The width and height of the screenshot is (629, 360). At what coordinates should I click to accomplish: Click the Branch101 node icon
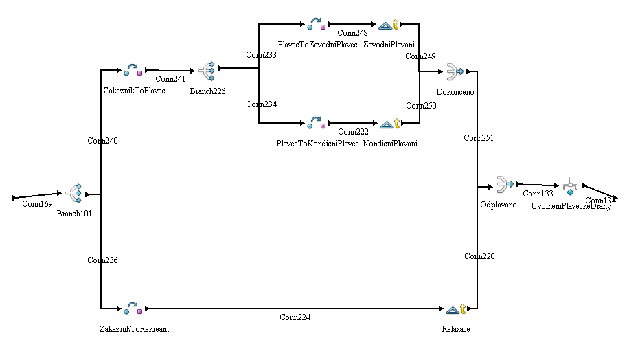point(73,195)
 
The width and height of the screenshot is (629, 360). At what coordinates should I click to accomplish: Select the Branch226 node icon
point(207,72)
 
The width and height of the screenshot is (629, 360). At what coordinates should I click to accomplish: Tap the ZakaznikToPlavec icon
point(132,70)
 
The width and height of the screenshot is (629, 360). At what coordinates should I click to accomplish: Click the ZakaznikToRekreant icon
point(132,309)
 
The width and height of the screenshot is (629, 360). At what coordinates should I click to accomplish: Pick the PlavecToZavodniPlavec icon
point(316,25)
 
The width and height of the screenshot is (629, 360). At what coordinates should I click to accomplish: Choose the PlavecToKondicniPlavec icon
point(316,124)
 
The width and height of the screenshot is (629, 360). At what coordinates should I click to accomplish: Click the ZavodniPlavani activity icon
point(389,25)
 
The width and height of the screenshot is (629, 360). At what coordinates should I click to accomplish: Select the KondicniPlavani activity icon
point(389,124)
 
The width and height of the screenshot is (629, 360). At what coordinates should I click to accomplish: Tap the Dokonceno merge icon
point(455,71)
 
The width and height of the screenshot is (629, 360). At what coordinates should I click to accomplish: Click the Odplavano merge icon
point(505,185)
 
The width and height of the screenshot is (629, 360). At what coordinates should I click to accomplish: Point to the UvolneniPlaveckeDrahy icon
point(570,187)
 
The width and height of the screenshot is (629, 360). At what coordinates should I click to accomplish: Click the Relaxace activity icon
point(456,310)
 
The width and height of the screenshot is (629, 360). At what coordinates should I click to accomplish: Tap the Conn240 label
point(102,141)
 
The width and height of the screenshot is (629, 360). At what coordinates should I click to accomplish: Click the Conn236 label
point(102,260)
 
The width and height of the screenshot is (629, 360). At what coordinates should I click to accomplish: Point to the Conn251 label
point(479,138)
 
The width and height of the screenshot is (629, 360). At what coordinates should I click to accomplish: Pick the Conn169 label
point(37,204)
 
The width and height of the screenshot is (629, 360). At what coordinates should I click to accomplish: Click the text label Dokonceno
point(455,91)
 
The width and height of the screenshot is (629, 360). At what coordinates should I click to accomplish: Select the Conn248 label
point(352,32)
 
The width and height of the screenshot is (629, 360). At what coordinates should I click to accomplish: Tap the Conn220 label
point(479,256)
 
